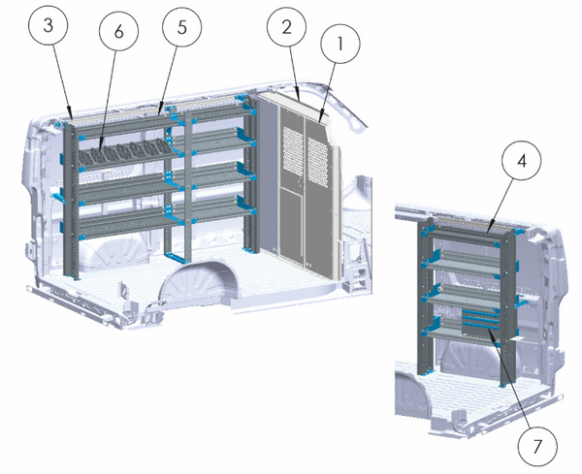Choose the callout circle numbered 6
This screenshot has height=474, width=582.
coord(117,31)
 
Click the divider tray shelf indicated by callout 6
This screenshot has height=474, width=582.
coord(126,154)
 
